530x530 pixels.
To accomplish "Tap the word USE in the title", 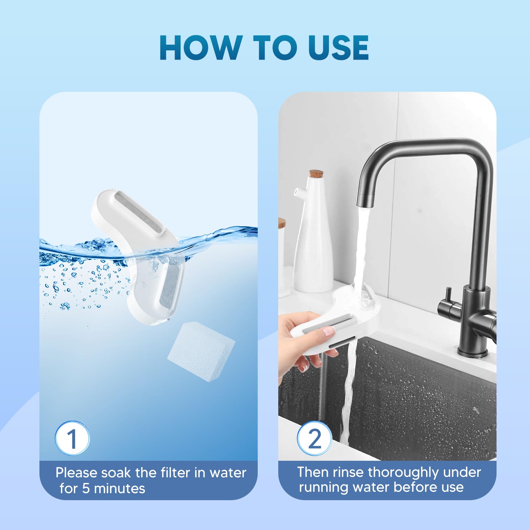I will [338, 47].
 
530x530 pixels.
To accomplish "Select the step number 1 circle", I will [72, 438].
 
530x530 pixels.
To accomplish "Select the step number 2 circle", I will [314, 438].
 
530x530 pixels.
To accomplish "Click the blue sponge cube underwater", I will [201, 352].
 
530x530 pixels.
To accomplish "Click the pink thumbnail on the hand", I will [329, 331].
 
